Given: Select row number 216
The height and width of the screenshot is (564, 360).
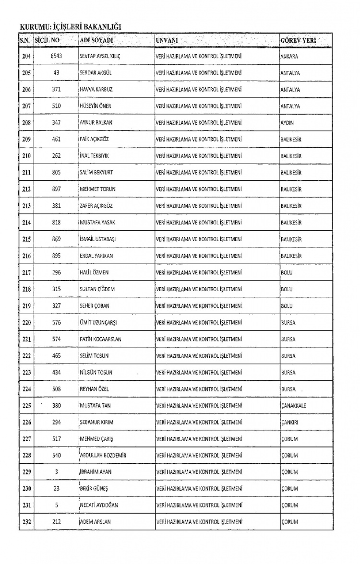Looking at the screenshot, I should point(26,256).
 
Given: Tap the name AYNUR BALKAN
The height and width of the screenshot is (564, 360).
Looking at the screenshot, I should point(96,123).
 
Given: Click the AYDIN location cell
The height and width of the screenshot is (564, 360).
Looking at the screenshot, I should point(287,123).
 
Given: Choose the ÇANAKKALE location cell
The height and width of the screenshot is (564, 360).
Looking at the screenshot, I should point(293,405).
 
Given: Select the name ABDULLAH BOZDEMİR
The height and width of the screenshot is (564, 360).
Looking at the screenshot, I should point(103,455).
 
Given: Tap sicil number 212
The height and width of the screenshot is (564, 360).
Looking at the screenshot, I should point(57,522).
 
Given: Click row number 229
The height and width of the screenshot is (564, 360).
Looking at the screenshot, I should point(26,472).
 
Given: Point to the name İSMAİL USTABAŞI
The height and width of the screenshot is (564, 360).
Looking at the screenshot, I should point(100,239).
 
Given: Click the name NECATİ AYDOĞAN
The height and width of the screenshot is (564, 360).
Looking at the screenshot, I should point(100,505).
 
